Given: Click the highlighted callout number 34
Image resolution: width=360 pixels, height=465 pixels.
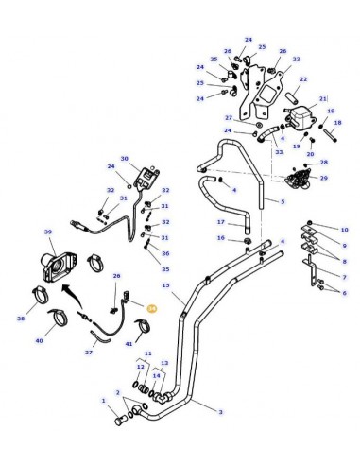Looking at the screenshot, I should point(152,308).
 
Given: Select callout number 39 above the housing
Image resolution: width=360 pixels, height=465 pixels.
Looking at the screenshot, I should point(48,232).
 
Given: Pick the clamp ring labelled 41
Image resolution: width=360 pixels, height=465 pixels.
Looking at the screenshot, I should point(142,330).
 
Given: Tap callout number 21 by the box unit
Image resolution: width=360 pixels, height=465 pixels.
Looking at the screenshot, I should point(322,99).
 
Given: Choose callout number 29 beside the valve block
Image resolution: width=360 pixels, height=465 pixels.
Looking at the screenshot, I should point(324,178).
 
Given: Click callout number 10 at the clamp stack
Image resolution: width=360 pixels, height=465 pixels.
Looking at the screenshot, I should point(344,230).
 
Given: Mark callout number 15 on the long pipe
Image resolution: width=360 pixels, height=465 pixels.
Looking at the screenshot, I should point(165,285).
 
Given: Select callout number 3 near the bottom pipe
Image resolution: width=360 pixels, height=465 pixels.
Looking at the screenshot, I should point(220,412).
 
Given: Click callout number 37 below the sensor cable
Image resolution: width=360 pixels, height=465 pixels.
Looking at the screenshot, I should point(90,352).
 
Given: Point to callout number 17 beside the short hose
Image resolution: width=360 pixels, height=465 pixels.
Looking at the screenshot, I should point(219,223).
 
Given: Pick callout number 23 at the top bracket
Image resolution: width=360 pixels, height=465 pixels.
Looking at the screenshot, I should point(296,59).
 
